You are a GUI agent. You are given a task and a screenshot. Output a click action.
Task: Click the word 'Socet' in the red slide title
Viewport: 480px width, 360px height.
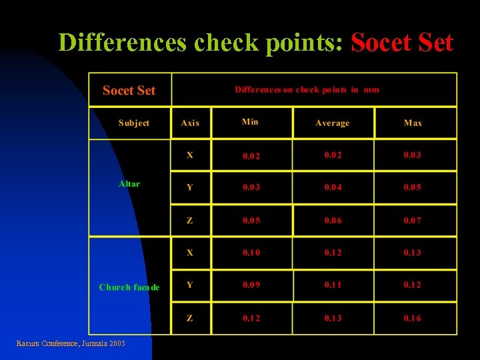pyautogui.click(x=377, y=43)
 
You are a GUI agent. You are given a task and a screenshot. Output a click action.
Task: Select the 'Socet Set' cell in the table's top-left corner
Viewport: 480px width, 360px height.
pyautogui.click(x=129, y=91)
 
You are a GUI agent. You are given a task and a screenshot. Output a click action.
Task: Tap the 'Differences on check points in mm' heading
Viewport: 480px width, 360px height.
pyautogui.click(x=307, y=89)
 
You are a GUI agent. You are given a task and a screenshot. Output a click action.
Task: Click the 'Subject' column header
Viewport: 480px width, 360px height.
pyautogui.click(x=133, y=123)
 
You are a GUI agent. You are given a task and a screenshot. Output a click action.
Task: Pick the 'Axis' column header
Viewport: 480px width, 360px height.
pyautogui.click(x=190, y=123)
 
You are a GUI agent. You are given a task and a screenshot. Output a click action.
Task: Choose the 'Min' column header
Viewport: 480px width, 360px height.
pyautogui.click(x=250, y=121)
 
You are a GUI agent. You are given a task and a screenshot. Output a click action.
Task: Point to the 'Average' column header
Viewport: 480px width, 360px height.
pyautogui.click(x=332, y=123)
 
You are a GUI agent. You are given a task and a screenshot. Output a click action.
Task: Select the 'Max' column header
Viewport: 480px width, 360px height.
pyautogui.click(x=413, y=123)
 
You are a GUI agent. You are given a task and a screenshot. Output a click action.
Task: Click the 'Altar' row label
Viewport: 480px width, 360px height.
pyautogui.click(x=129, y=183)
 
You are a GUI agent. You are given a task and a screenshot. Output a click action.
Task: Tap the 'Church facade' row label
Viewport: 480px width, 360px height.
pyautogui.click(x=129, y=287)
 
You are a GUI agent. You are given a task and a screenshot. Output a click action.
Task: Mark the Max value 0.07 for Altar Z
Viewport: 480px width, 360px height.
pyautogui.click(x=412, y=220)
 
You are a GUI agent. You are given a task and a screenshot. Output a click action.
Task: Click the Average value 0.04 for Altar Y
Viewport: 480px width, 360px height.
pyautogui.click(x=333, y=187)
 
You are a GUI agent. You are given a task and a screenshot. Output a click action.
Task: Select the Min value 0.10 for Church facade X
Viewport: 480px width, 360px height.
pyautogui.click(x=251, y=253)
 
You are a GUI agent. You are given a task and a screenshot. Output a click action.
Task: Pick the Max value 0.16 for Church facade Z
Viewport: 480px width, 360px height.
pyautogui.click(x=412, y=318)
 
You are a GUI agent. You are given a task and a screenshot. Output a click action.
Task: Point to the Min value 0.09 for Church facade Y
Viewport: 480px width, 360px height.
pyautogui.click(x=251, y=285)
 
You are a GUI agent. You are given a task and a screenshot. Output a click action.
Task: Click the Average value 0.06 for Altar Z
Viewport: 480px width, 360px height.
pyautogui.click(x=333, y=220)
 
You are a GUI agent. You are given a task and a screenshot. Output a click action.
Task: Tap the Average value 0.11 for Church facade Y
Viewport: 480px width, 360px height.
pyautogui.click(x=333, y=285)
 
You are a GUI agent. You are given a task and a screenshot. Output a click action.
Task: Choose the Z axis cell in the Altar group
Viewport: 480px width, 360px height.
pyautogui.click(x=190, y=220)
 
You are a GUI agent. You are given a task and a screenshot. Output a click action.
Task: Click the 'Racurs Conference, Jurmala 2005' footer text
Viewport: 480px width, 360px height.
pyautogui.click(x=71, y=343)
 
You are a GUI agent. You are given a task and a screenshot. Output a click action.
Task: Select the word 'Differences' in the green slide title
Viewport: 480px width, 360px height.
pyautogui.click(x=123, y=43)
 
